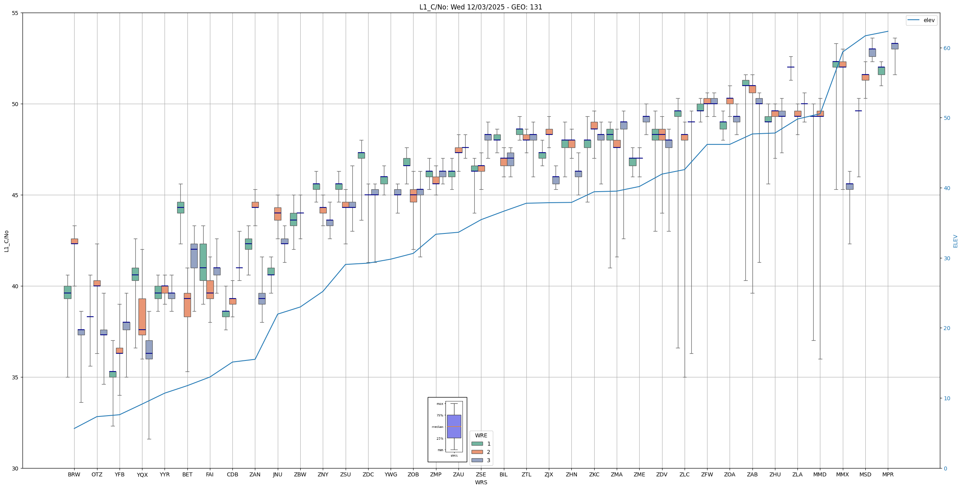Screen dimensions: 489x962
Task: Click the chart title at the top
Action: pyautogui.click(x=481, y=7)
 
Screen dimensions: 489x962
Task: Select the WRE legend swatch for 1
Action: pyautogui.click(x=477, y=444)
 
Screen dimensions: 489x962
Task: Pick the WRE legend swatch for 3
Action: pyautogui.click(x=477, y=460)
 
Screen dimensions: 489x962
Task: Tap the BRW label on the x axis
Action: pyautogui.click(x=74, y=474)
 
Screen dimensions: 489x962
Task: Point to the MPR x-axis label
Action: pyautogui.click(x=888, y=474)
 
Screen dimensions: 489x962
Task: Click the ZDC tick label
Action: pyautogui.click(x=368, y=474)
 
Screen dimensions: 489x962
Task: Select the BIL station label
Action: pyautogui.click(x=503, y=474)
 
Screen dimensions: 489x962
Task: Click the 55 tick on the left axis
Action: pyautogui.click(x=15, y=13)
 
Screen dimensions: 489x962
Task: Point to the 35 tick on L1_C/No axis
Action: pyautogui.click(x=15, y=377)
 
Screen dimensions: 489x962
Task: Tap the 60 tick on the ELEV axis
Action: pyautogui.click(x=947, y=48)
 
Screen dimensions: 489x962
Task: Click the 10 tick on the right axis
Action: pyautogui.click(x=947, y=398)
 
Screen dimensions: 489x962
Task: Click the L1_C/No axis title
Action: pyautogui.click(x=6, y=241)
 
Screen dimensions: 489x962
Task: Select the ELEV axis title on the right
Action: pyautogui.click(x=955, y=241)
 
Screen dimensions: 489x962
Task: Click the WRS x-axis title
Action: pyautogui.click(x=481, y=482)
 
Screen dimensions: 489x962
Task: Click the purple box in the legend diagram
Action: pyautogui.click(x=454, y=426)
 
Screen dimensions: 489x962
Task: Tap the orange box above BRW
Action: pyautogui.click(x=75, y=241)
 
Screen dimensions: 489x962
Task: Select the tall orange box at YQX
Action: pyautogui.click(x=142, y=317)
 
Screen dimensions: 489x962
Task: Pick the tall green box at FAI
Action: pyautogui.click(x=203, y=262)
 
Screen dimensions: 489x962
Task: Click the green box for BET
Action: pyautogui.click(x=180, y=207)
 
